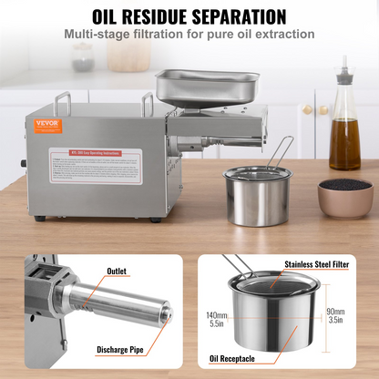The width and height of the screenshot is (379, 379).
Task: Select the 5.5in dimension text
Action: [x=217, y=323]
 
